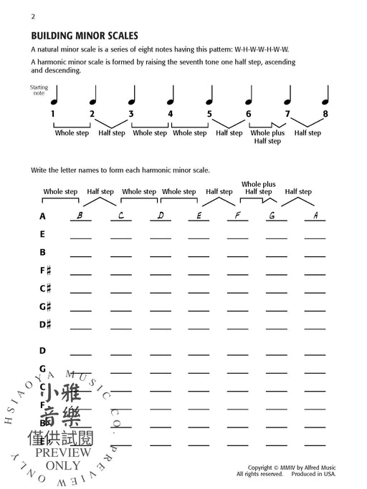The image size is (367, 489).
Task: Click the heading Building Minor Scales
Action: (85, 35)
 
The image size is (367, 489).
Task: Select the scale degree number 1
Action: (52, 113)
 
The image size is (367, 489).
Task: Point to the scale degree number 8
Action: (325, 113)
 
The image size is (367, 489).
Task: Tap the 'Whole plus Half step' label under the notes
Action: (267, 137)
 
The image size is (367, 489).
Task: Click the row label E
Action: (42, 234)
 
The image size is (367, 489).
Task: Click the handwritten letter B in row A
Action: (80, 216)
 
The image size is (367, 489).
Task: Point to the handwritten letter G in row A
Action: (273, 216)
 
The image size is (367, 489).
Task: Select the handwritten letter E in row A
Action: (199, 216)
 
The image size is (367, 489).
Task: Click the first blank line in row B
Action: (80, 255)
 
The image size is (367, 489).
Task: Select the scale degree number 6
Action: (248, 113)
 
